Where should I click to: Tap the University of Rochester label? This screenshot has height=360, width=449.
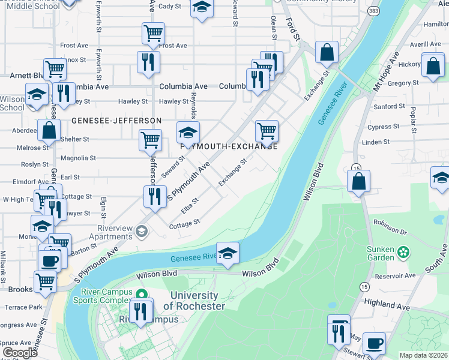click(194, 301)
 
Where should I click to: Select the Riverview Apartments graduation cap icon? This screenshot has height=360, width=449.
click(142, 231)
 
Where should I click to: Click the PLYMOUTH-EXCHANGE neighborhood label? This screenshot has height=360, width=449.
click(229, 146)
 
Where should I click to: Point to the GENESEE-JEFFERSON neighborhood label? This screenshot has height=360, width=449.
click(116, 121)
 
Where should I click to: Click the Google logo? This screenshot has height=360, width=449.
click(20, 352)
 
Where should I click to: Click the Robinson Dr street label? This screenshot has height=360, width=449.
click(390, 229)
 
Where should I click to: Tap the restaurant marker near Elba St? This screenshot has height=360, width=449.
click(155, 196)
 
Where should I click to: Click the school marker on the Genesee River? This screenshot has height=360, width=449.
click(228, 253)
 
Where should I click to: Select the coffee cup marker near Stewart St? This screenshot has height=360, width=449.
click(374, 343)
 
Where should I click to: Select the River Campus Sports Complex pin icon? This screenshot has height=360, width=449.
click(142, 293)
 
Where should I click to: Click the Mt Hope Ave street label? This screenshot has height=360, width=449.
click(385, 71)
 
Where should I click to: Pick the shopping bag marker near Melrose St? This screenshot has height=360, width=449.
click(48, 130)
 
